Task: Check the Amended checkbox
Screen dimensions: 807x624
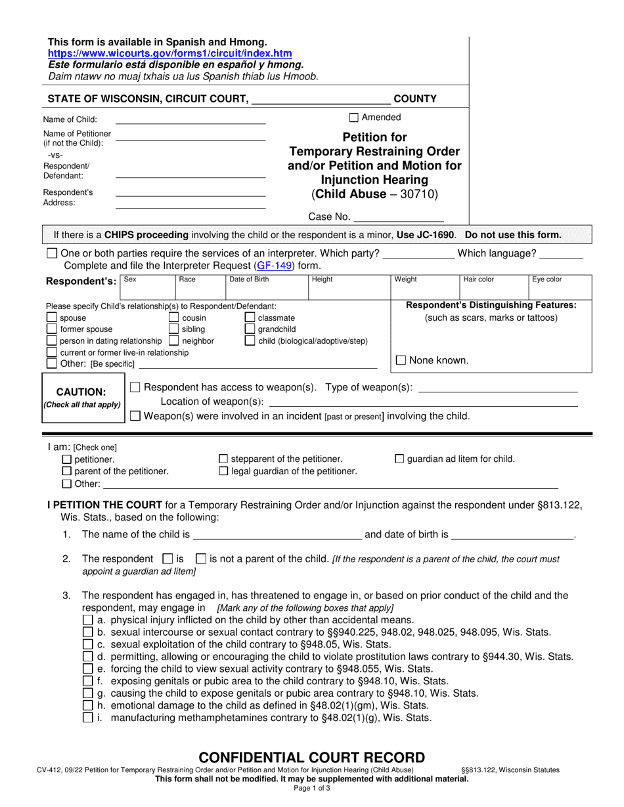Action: [354, 117]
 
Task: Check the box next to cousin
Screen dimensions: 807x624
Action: [175, 318]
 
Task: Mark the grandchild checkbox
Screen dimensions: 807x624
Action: [250, 329]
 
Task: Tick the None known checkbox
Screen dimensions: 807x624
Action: [401, 360]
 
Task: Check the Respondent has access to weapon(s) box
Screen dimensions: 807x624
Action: [135, 388]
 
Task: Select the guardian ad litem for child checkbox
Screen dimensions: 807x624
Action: [399, 459]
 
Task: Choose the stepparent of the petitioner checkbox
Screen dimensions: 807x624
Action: [223, 459]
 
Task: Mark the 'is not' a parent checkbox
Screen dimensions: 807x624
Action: [202, 559]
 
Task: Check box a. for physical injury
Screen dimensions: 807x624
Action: [88, 620]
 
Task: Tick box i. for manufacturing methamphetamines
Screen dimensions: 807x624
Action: [88, 718]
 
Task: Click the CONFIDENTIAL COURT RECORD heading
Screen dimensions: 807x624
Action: [312, 758]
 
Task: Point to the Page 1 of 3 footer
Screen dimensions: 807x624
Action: [312, 789]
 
